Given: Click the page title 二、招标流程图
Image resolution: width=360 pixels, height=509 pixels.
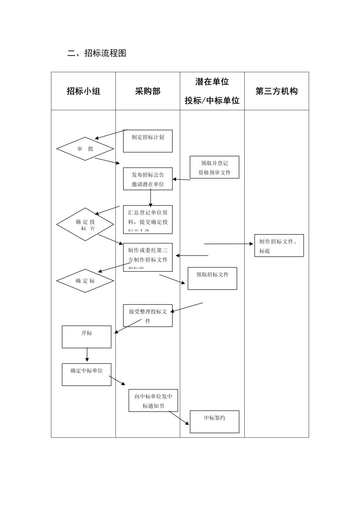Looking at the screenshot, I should (x=97, y=53).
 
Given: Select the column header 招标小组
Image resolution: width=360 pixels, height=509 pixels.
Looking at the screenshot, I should (x=83, y=91).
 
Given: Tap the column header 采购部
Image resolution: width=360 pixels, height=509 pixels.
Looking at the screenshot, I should (x=148, y=91).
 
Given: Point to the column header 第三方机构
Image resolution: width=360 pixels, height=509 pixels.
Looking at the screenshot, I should (x=276, y=91).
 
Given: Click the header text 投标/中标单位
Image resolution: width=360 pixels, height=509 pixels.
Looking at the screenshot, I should (x=212, y=100).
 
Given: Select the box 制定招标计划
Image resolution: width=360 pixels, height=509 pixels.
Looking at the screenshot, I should (x=148, y=141).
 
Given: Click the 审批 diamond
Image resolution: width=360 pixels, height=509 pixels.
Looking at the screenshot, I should (x=85, y=149).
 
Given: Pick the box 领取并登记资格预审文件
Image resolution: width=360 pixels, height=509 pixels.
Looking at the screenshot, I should (x=214, y=167).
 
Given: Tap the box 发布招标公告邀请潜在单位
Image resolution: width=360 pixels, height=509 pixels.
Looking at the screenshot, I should (x=148, y=179).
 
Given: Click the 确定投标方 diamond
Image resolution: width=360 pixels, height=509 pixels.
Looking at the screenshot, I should (x=85, y=224).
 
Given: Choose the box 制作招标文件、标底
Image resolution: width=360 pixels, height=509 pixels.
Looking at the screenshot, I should (x=279, y=246).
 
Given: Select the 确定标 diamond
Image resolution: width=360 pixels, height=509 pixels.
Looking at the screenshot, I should (x=85, y=281).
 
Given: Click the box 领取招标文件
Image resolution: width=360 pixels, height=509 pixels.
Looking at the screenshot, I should (x=212, y=278).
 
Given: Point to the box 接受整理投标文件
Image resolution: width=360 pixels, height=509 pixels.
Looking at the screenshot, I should (x=148, y=315).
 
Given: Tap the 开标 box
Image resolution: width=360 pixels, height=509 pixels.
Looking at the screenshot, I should (x=87, y=337).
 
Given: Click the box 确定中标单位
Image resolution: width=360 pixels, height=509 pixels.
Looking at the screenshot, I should (x=87, y=374).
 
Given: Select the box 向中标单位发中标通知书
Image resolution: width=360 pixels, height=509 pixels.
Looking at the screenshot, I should (x=153, y=400).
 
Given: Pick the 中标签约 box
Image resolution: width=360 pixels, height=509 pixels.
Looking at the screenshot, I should (x=214, y=422).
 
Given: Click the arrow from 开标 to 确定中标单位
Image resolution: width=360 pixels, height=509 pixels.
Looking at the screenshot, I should (x=87, y=355).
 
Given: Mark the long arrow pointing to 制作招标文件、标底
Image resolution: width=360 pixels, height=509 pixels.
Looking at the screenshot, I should (x=228, y=244).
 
